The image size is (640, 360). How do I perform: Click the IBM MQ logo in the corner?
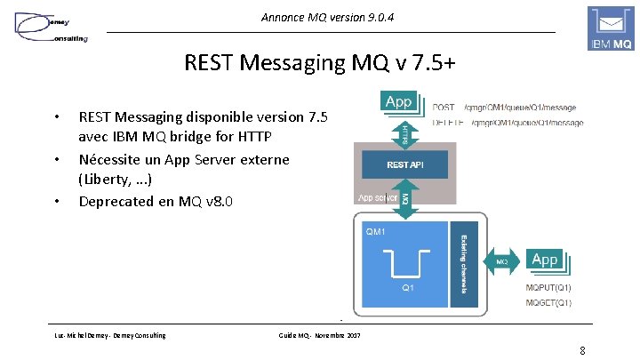(x=611, y=28)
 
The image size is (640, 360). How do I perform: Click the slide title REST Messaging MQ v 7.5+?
(x=319, y=64)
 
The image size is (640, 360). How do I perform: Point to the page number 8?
(x=581, y=349)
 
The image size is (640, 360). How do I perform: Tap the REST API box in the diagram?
(x=404, y=164)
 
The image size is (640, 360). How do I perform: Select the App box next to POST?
(x=398, y=102)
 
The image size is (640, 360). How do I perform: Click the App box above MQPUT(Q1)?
(x=544, y=260)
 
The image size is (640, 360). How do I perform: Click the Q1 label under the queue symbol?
(x=407, y=288)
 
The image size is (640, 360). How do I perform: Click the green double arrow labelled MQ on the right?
(x=501, y=261)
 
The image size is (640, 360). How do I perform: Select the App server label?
(x=377, y=198)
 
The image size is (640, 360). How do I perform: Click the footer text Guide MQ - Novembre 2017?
(x=319, y=334)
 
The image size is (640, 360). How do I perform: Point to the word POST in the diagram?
(x=444, y=108)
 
